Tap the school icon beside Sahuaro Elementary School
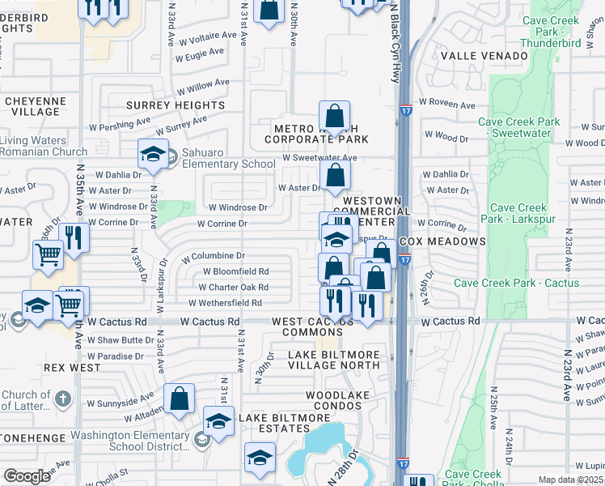pos(152,156)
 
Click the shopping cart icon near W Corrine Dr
pos(48,254)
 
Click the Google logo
pos(27,476)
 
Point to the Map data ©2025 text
pos(571,480)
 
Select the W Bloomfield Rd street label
pos(235,271)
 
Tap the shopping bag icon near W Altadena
pos(180,399)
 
